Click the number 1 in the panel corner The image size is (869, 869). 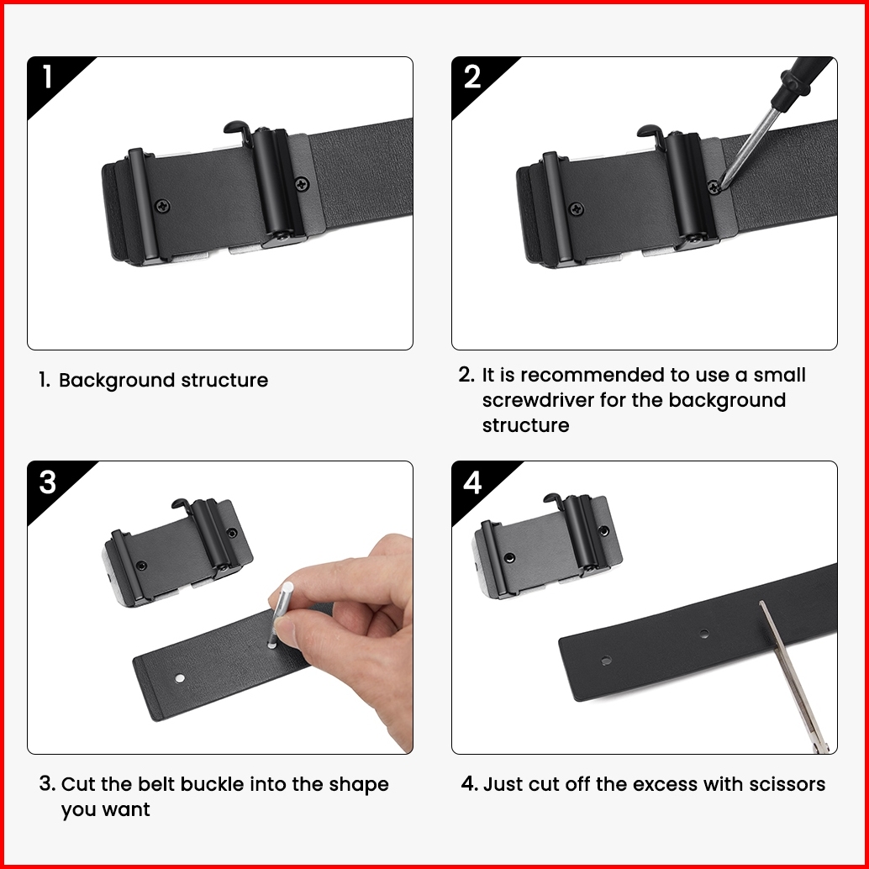(x=48, y=76)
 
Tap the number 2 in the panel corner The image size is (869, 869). (x=472, y=76)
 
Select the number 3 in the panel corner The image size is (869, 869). (x=48, y=482)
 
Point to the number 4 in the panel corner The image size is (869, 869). (x=472, y=482)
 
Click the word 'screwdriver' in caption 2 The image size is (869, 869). (x=538, y=400)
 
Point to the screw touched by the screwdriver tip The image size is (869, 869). (x=714, y=187)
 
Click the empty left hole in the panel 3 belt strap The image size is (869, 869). (x=180, y=677)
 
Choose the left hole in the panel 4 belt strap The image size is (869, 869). (x=606, y=660)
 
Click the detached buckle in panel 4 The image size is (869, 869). (x=547, y=546)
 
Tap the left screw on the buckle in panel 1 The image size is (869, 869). (x=162, y=206)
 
